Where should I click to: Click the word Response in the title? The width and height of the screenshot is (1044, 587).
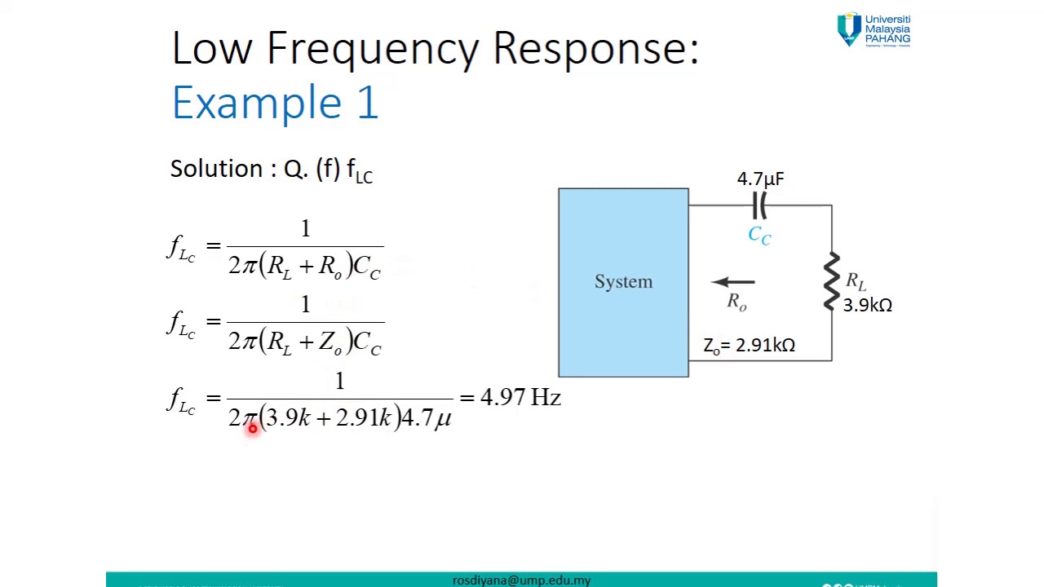595,49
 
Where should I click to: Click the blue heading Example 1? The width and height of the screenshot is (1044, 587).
275,104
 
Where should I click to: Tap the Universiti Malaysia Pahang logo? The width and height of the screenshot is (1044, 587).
874,30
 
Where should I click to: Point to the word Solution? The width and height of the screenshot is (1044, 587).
216,169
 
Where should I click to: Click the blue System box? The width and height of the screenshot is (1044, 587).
623,282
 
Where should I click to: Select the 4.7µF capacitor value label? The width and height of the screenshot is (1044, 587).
760,179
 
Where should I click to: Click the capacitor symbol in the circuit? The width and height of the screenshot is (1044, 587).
759,206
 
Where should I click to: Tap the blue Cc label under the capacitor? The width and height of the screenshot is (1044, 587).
759,236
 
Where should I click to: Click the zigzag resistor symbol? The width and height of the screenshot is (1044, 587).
831,282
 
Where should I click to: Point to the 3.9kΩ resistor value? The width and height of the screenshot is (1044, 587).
867,305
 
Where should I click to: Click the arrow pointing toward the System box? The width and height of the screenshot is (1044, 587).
733,282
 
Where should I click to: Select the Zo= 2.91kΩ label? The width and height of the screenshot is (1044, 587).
749,346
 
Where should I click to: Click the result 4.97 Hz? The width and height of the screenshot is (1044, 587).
520,398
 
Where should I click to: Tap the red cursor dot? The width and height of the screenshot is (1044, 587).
252,427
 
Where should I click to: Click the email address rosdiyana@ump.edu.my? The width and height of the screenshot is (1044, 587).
521,580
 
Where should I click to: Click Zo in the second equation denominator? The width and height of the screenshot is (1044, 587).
330,342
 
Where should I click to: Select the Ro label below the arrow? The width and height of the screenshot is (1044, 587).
737,302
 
